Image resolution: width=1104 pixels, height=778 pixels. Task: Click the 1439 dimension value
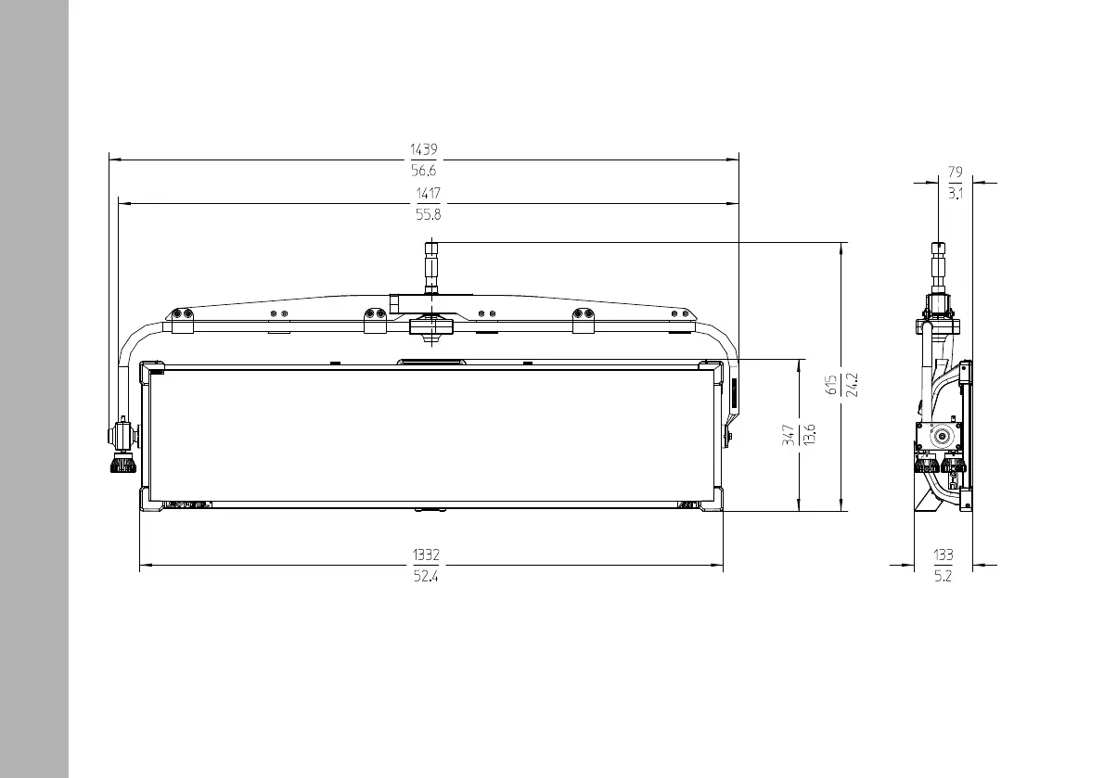pyautogui.click(x=424, y=149)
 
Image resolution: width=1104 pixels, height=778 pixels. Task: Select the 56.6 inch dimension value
pyautogui.click(x=424, y=171)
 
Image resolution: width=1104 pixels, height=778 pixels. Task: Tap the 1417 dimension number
pyautogui.click(x=428, y=194)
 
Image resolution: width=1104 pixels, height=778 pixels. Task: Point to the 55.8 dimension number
pyautogui.click(x=428, y=214)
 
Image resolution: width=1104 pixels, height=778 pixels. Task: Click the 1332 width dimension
pyautogui.click(x=426, y=555)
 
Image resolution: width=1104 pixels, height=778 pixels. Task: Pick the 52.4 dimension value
pyautogui.click(x=426, y=576)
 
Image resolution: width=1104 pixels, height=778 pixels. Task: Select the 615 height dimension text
pyautogui.click(x=831, y=385)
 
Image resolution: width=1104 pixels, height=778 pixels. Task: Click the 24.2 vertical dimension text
pyautogui.click(x=852, y=385)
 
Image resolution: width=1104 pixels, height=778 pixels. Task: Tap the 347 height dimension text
pyautogui.click(x=789, y=435)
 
